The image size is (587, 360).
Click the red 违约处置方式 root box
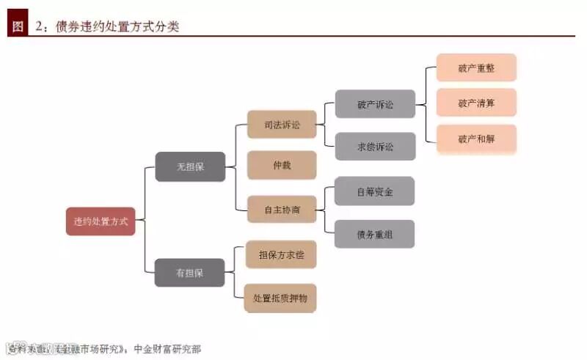[101, 221]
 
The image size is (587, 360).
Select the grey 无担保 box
[189, 166]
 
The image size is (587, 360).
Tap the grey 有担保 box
[189, 273]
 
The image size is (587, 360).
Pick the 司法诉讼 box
[282, 125]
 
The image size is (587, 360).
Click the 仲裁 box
[282, 165]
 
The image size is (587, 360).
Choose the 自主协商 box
[282, 210]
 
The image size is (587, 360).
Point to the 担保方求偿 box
[282, 254]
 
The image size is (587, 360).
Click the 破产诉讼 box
[375, 104]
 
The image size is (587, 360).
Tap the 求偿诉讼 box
[375, 147]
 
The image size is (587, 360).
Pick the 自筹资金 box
[374, 191]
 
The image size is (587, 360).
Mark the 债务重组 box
[374, 234]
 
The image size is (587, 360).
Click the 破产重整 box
[476, 67]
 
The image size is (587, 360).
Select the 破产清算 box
[476, 103]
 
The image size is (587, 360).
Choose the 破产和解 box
[476, 139]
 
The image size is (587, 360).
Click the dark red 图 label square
[17, 26]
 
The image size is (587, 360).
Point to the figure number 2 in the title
[39, 27]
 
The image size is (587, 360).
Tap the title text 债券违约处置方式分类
[117, 27]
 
